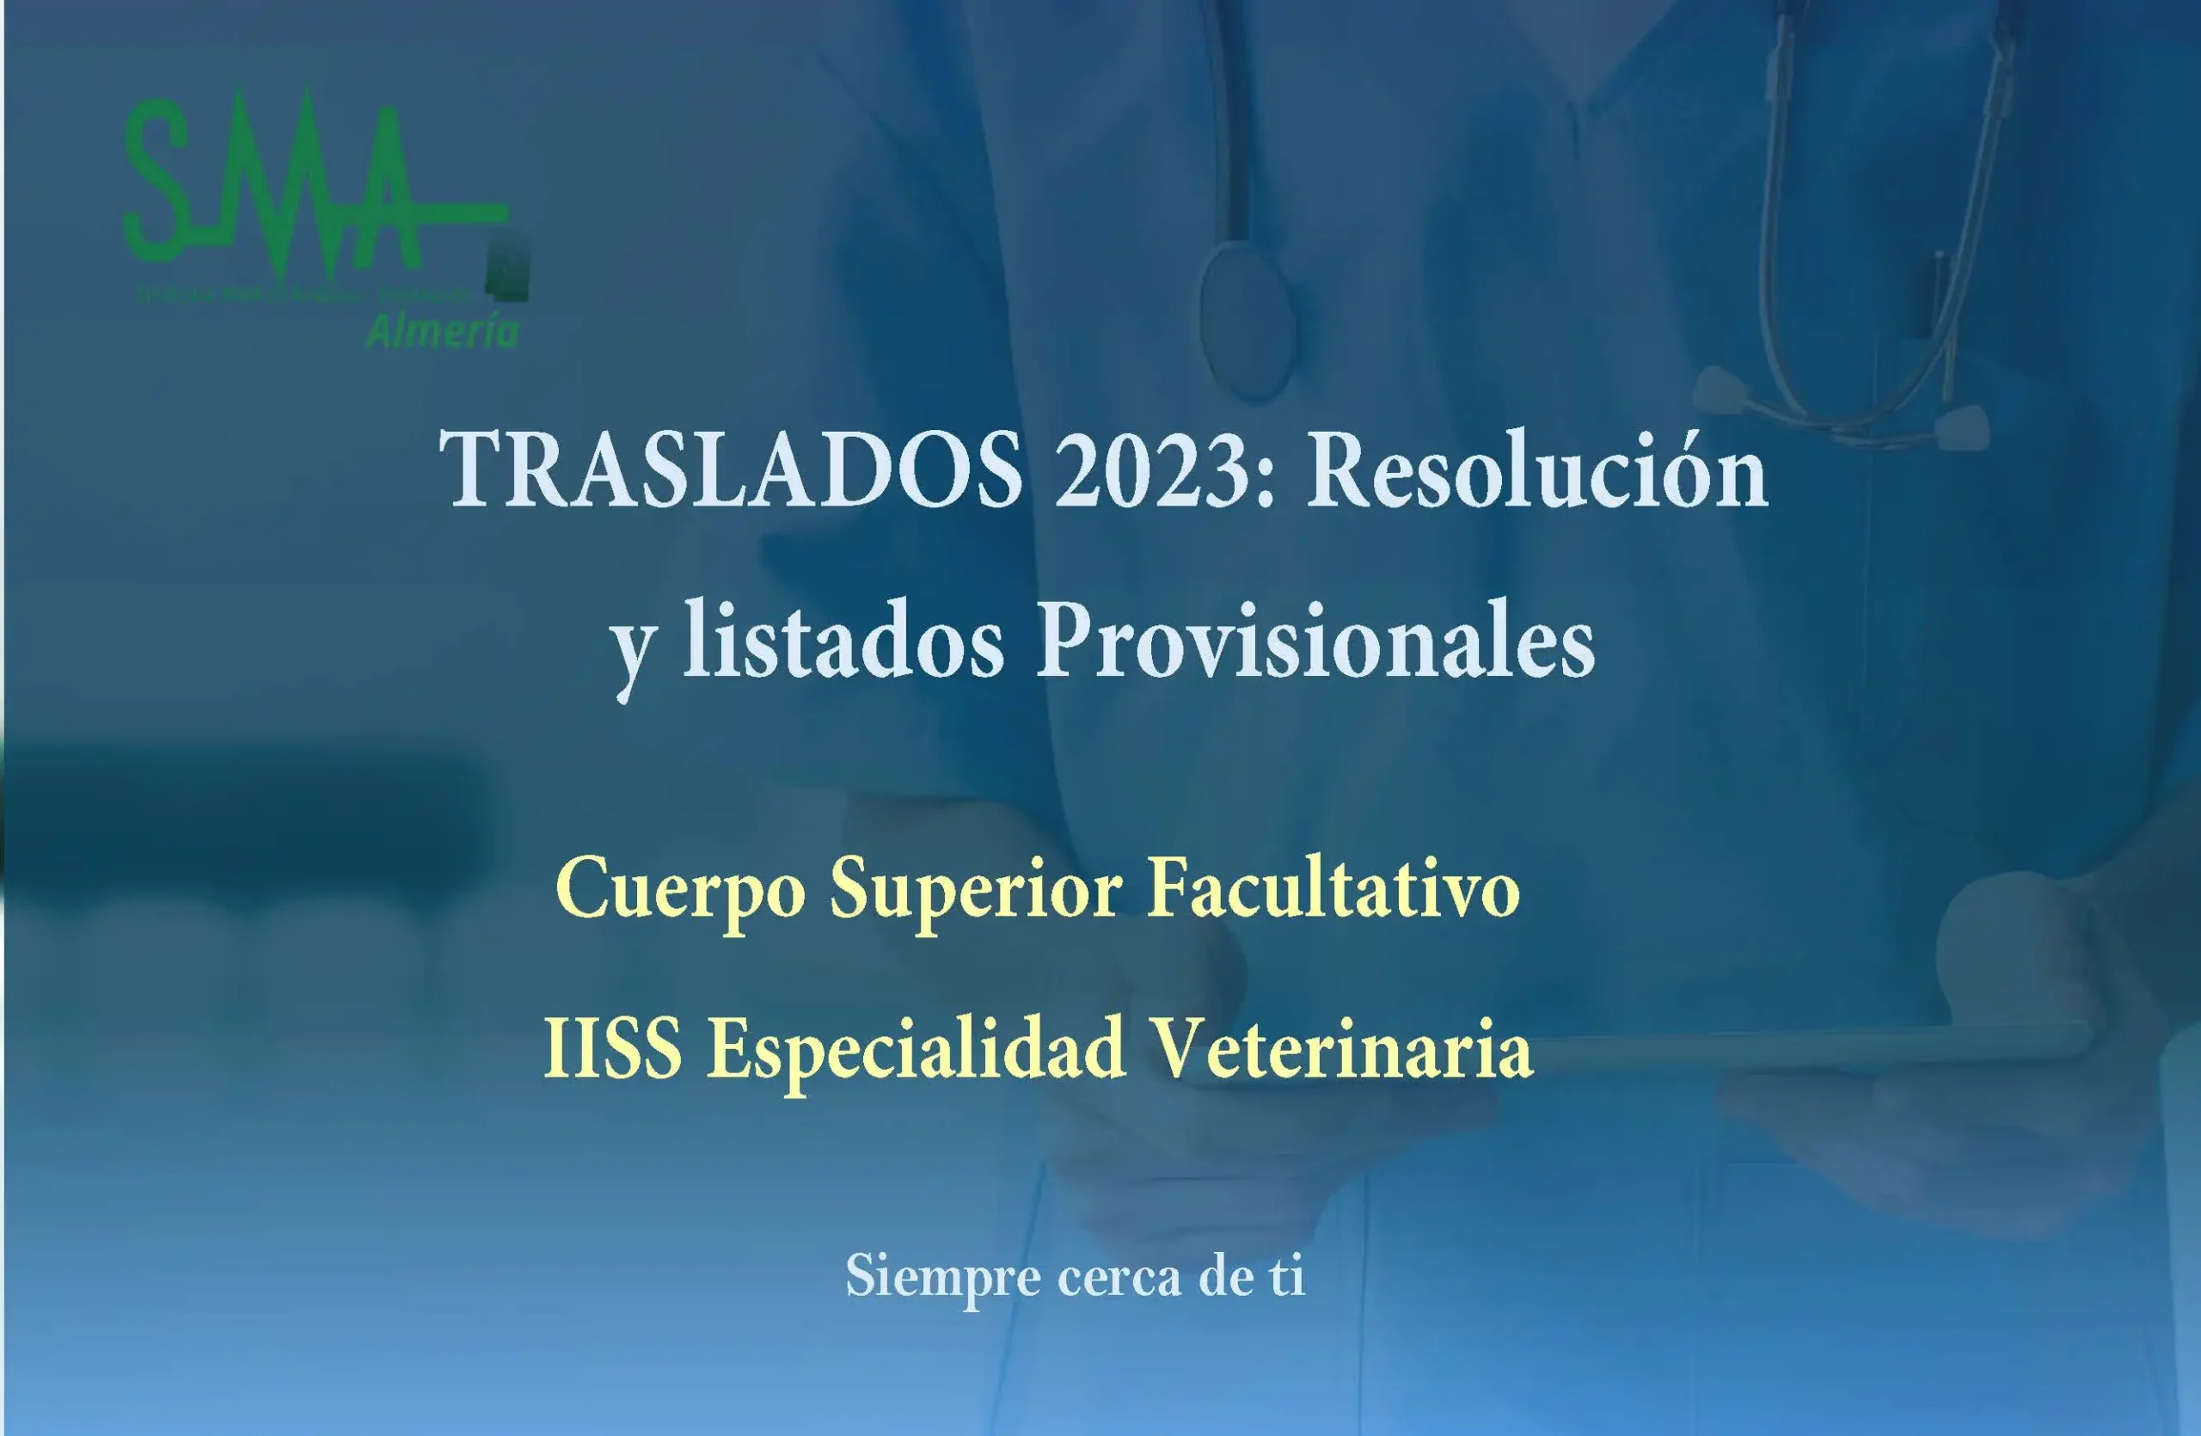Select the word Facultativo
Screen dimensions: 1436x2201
tap(1333, 887)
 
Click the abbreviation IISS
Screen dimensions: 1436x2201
tap(612, 1048)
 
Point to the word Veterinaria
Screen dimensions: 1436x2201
tap(1345, 1048)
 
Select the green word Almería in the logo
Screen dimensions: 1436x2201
tap(442, 330)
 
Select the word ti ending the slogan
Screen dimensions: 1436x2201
tap(1286, 1276)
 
